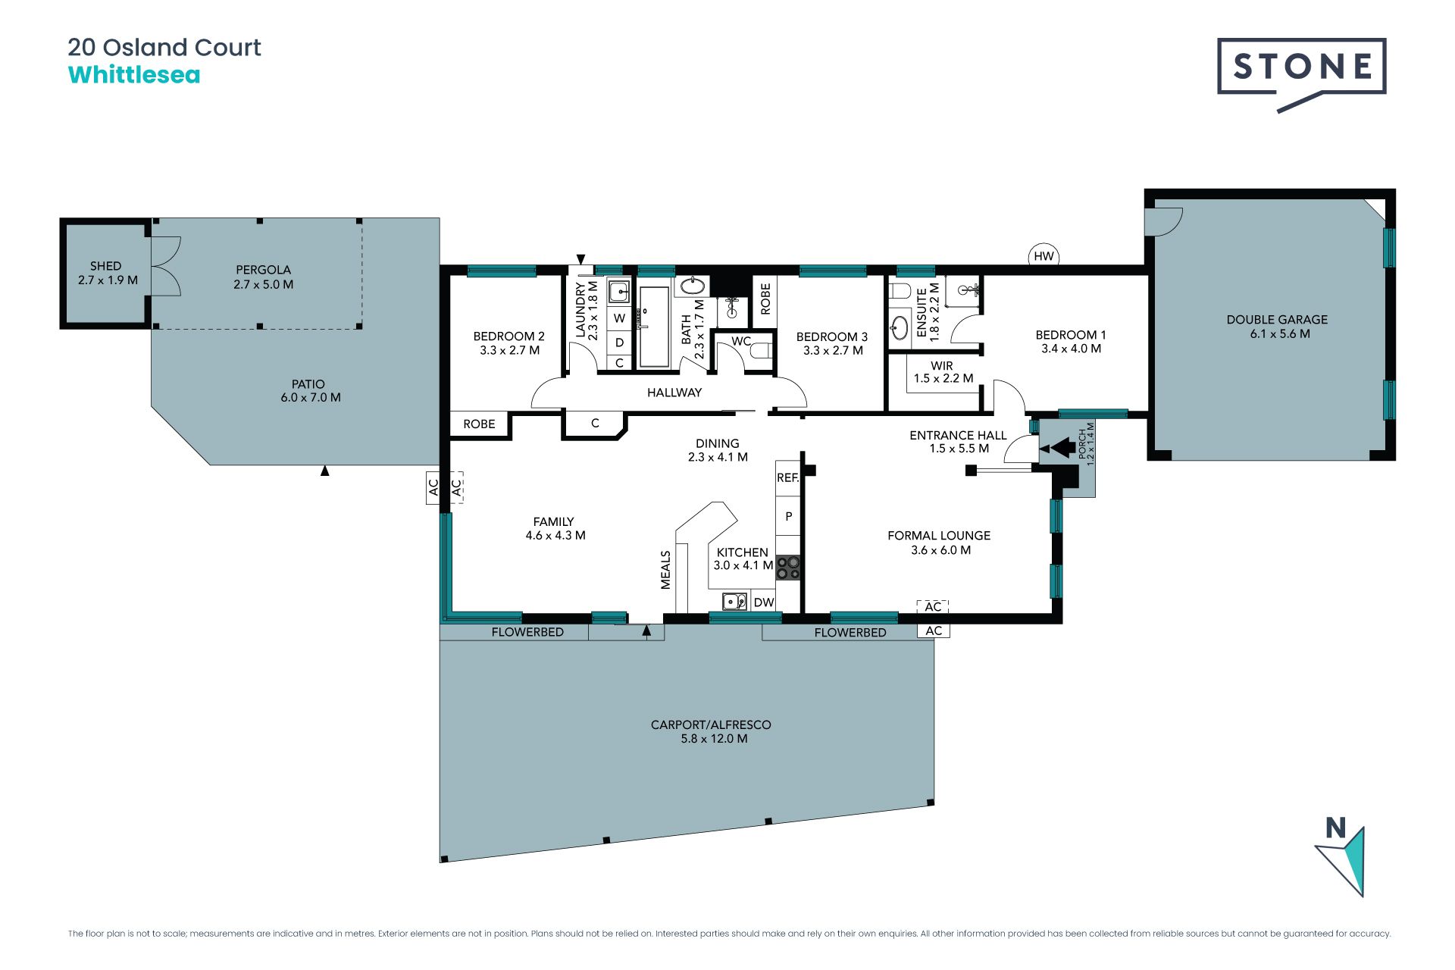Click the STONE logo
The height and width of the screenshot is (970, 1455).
click(1301, 74)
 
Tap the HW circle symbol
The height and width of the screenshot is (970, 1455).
click(1044, 256)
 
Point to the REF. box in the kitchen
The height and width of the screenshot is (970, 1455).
click(788, 478)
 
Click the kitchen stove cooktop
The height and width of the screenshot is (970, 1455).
click(788, 568)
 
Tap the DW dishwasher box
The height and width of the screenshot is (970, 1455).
click(764, 602)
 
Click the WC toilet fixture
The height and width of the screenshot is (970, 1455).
click(761, 350)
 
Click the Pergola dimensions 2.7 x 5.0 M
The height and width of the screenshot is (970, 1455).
click(263, 285)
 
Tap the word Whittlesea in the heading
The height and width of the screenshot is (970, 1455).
click(134, 75)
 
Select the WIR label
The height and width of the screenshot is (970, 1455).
click(942, 366)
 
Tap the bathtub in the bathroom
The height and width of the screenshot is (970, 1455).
click(654, 327)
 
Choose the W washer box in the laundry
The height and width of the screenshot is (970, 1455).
click(619, 318)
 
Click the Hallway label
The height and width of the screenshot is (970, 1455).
click(674, 393)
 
